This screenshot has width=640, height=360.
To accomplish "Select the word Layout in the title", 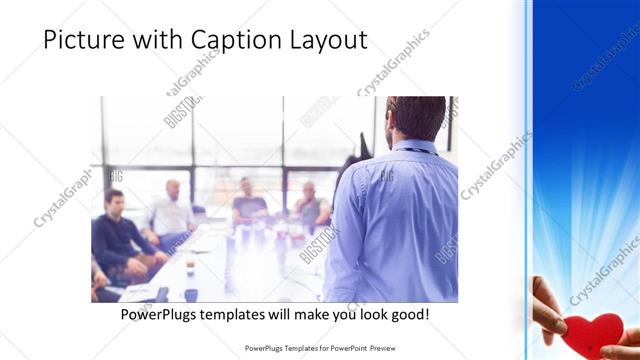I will click(x=329, y=40).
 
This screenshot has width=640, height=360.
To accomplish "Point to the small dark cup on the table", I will click(x=191, y=295).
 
